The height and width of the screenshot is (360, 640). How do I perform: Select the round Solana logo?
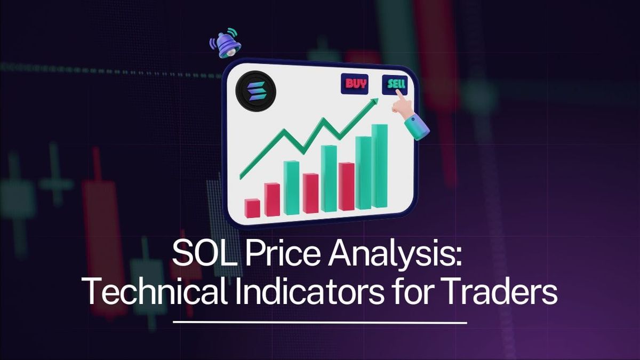pyautogui.click(x=254, y=91)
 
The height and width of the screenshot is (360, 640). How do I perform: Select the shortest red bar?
pyautogui.click(x=252, y=208)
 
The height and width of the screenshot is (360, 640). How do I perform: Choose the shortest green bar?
pyautogui.click(x=292, y=187)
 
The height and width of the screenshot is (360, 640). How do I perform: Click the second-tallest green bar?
pyautogui.click(x=364, y=172)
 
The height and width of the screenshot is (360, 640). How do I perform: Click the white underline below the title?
pyautogui.click(x=320, y=322)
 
